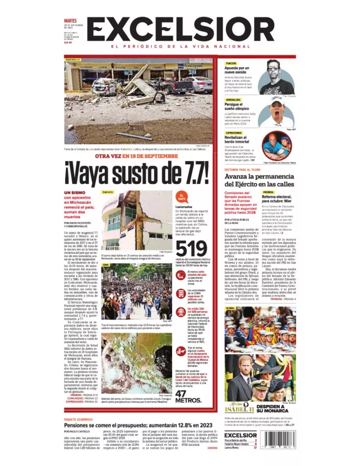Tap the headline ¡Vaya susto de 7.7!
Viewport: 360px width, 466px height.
pyautogui.click(x=136, y=173)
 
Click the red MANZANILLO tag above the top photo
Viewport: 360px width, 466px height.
pyautogui.click(x=73, y=60)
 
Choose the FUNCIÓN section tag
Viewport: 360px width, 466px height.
pyautogui.click(x=231, y=62)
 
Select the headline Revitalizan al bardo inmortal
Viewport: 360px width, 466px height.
pyautogui.click(x=240, y=140)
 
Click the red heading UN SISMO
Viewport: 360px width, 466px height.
pyautogui.click(x=74, y=193)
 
